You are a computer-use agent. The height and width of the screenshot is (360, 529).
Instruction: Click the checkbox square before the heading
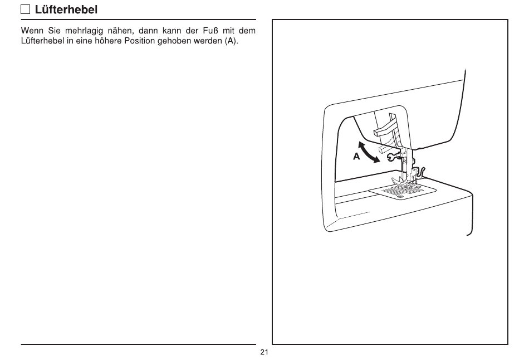[x=25, y=9]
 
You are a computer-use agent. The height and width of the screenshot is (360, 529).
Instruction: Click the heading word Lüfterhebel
[x=66, y=9]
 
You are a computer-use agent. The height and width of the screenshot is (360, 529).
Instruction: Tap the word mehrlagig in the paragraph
[x=84, y=31]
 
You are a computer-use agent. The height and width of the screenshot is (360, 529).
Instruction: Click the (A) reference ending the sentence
[x=232, y=41]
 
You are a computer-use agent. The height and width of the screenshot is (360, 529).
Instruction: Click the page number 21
[x=264, y=352]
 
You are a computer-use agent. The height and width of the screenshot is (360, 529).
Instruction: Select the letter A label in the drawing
[x=356, y=157]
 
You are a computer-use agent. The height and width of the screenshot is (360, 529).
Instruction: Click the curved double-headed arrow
[x=368, y=152]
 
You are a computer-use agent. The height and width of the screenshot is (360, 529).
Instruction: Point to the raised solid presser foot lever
[x=385, y=129]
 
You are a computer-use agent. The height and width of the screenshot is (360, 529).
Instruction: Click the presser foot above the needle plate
[x=404, y=181]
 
